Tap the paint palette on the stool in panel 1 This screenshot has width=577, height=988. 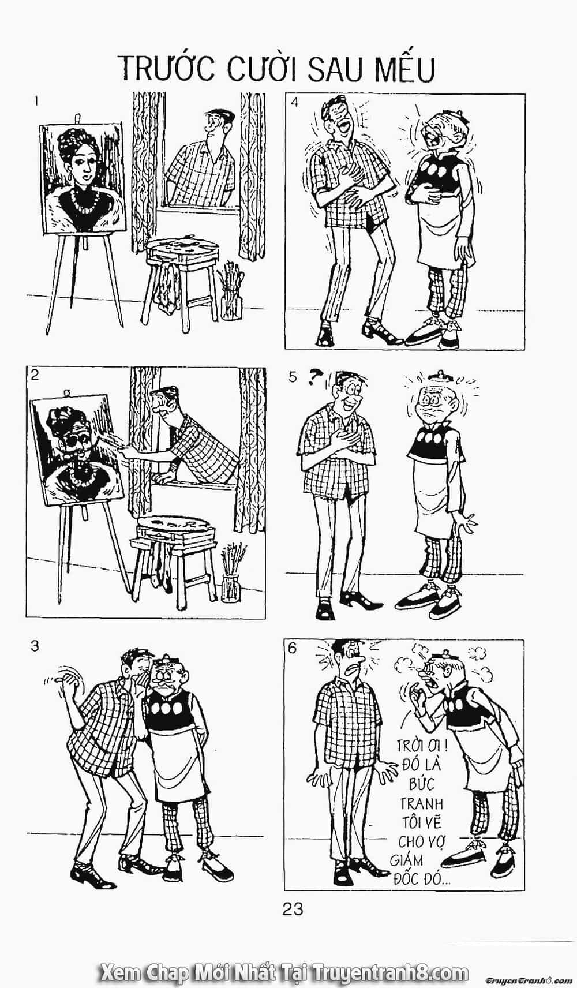tap(183, 244)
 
